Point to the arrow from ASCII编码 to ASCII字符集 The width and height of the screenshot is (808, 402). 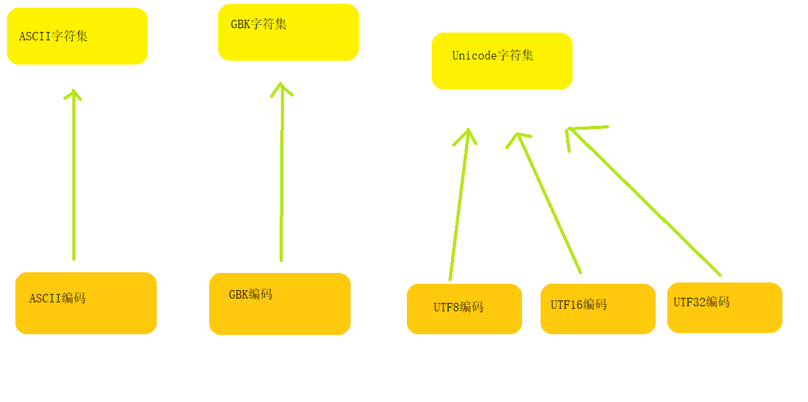pos(74,179)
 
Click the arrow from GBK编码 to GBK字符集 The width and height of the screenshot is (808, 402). pos(281,179)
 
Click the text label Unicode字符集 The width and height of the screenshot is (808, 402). pos(493,56)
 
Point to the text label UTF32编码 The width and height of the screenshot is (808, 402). pos(701,302)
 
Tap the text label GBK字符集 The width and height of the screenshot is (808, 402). pos(258,24)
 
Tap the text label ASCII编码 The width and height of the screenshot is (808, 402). pos(58,298)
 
